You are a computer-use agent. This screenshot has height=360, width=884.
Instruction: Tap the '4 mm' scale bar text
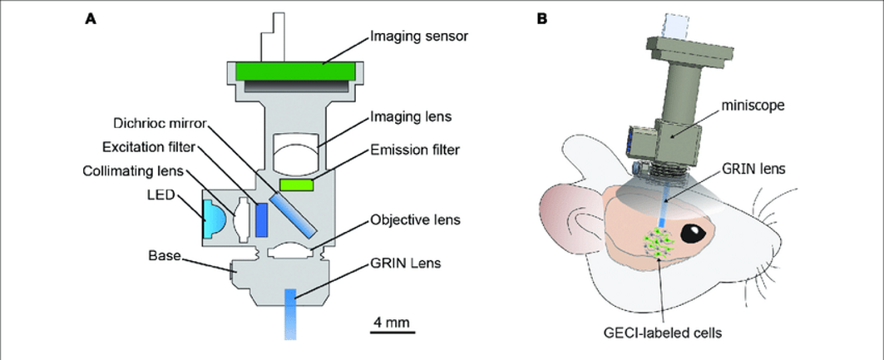389,321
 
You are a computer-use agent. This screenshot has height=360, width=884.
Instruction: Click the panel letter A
91,18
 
